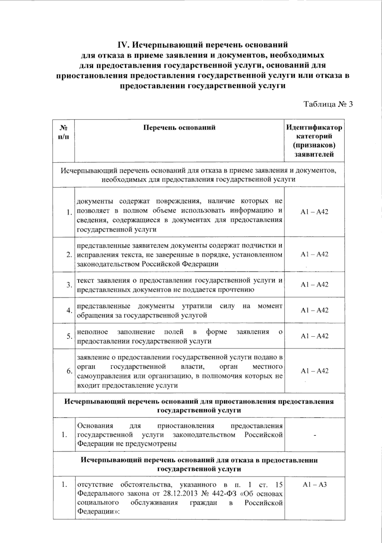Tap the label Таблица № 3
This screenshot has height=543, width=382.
(328, 104)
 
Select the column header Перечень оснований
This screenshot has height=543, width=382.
(179, 128)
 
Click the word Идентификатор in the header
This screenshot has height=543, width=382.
(314, 128)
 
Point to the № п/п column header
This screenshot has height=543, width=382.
(64, 132)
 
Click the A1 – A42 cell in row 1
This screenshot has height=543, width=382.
(314, 212)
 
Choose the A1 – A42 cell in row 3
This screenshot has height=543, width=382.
(314, 285)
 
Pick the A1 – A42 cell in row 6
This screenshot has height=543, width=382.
(314, 371)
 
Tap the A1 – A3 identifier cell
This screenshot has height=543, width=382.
(315, 485)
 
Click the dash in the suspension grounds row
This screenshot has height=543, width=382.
(315, 435)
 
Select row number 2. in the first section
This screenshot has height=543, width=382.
(69, 255)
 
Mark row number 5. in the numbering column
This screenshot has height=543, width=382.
(69, 337)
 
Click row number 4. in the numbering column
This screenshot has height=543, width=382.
(69, 310)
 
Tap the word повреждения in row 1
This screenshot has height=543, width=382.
(178, 201)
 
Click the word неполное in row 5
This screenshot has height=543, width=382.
(92, 332)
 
